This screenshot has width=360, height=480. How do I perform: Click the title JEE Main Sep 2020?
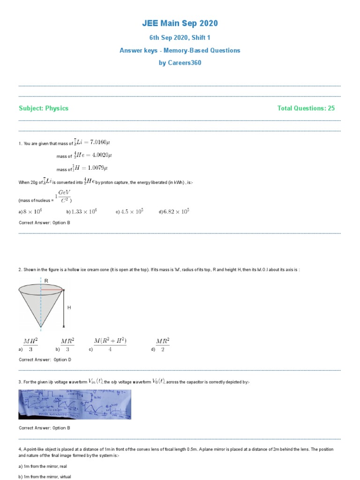point(180,23)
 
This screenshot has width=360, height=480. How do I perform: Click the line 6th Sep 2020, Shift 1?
point(180,37)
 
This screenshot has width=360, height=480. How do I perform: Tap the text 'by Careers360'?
point(180,63)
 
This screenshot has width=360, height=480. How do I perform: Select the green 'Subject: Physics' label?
point(44,108)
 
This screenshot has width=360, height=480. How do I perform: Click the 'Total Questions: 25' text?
point(306,108)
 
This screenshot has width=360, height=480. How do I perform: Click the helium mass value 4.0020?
point(96,155)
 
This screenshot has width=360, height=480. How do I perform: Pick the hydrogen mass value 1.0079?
point(96,168)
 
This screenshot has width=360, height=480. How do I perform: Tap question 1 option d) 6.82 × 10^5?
point(176,211)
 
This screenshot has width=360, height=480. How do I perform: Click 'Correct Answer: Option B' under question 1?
point(44,223)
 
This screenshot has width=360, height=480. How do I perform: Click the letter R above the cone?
point(46,280)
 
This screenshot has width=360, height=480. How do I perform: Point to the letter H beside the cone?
point(69,307)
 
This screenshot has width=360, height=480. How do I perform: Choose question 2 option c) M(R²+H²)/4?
point(110,345)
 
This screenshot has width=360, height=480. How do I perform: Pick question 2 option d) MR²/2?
point(162,345)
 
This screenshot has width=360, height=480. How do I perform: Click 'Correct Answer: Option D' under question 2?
point(45,360)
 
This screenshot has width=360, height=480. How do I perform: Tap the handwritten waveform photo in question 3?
point(75,404)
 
